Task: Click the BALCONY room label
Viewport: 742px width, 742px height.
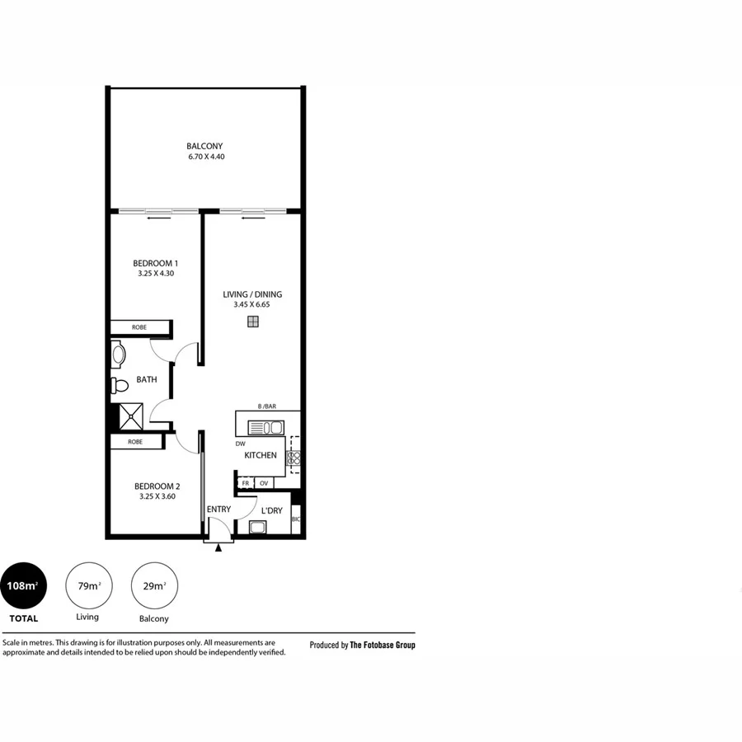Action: coord(204,146)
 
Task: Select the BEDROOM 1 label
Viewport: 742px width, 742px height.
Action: coord(155,263)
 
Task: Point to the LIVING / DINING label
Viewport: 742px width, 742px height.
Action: coord(252,294)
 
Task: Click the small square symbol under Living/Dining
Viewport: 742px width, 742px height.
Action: coord(252,322)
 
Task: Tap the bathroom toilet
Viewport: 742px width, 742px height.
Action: coord(120,385)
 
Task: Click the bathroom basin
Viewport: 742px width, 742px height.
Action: coord(117,355)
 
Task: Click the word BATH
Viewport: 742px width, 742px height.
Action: coord(147,380)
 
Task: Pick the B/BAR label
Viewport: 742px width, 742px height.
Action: coord(266,406)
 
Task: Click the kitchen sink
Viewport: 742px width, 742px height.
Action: coord(266,428)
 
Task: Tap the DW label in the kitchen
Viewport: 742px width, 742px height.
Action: coord(240,443)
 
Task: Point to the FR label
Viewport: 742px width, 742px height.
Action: coord(245,483)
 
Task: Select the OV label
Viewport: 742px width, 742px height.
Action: coord(264,483)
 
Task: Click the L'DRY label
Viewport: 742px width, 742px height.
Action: coord(272,511)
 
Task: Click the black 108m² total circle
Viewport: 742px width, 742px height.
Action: coord(22,586)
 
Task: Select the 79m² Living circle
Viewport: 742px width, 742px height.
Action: coord(88,586)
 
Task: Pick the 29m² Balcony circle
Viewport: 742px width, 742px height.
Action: coord(154,586)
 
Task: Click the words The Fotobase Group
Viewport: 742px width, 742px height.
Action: coord(383,646)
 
